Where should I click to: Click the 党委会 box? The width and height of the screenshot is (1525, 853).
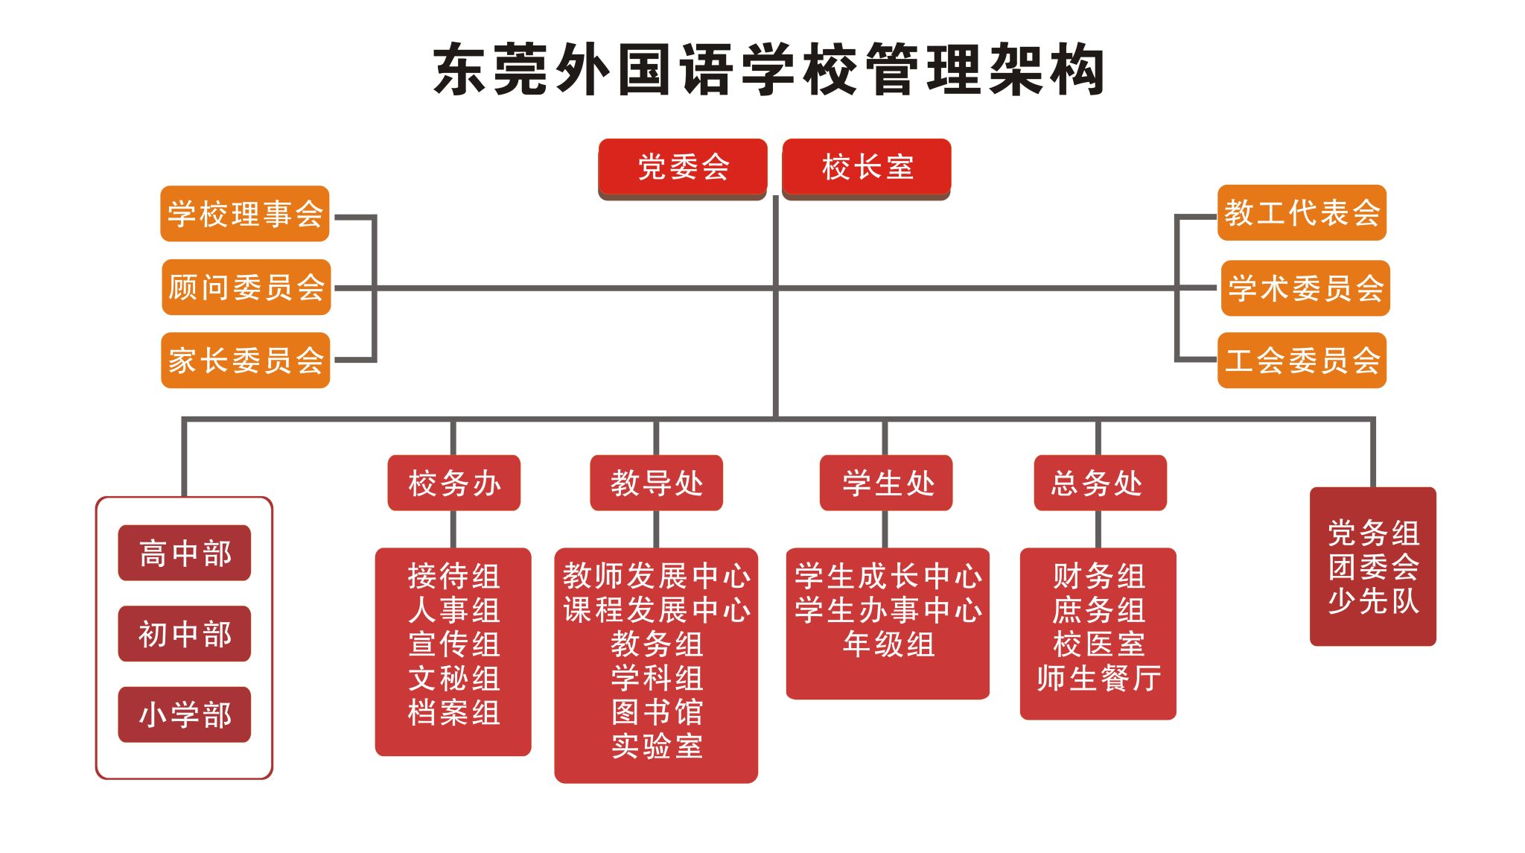(683, 168)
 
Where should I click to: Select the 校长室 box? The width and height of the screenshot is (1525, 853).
(867, 168)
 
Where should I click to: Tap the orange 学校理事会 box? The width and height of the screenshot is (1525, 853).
(245, 214)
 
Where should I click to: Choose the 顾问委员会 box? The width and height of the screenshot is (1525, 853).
(246, 287)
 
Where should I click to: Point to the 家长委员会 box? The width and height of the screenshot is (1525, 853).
(246, 361)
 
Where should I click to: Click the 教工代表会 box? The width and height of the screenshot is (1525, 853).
(1302, 213)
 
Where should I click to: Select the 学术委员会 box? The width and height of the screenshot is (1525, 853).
(1306, 288)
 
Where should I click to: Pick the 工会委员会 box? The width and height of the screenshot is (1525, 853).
(1302, 361)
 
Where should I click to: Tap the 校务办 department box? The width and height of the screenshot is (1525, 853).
(454, 483)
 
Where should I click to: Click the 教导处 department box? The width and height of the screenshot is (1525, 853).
(657, 483)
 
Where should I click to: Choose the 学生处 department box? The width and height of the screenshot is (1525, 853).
(886, 483)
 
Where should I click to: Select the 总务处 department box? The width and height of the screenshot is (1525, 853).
(1101, 483)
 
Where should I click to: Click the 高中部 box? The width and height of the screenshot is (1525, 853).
(185, 553)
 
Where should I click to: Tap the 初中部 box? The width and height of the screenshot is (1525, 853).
(185, 634)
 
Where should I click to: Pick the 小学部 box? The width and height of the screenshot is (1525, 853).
(185, 714)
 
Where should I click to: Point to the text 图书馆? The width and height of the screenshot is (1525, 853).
(657, 712)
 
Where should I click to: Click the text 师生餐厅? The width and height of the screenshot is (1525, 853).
(1099, 679)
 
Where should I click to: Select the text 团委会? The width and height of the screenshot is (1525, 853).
(1374, 567)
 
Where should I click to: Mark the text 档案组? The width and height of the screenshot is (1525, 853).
(454, 713)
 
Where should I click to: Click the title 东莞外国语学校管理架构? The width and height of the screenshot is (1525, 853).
(769, 70)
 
